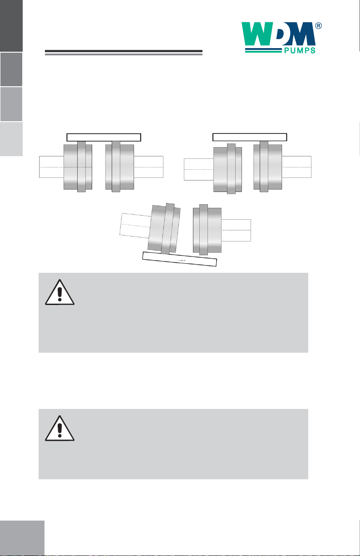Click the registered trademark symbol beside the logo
319,26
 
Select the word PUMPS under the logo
300,51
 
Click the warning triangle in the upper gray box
59,292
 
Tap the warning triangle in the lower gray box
59,428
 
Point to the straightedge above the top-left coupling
104,137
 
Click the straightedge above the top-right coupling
250,137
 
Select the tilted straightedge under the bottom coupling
179,259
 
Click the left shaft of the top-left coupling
52,167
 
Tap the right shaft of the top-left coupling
148,167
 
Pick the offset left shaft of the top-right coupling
199,169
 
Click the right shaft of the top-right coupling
296,167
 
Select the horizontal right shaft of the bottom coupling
236,230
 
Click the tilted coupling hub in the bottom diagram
164,229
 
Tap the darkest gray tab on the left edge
11,25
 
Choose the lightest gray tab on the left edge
11,139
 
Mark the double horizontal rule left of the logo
123,52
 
